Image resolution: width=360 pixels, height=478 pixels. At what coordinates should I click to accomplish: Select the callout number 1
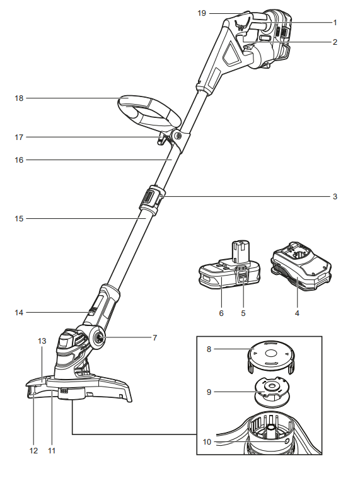click(x=335, y=22)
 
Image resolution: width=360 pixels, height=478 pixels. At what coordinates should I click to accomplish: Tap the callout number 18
click(x=19, y=98)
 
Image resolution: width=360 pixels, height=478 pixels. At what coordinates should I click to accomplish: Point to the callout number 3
click(x=335, y=197)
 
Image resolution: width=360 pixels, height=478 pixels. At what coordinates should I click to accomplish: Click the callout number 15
click(x=19, y=219)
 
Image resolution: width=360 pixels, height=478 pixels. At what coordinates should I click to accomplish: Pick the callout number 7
click(x=154, y=338)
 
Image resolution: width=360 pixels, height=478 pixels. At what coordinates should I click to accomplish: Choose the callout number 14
click(x=19, y=312)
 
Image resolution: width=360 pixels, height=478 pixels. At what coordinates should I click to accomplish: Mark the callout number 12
click(x=33, y=451)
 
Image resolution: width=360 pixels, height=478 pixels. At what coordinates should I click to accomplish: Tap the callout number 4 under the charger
click(x=296, y=312)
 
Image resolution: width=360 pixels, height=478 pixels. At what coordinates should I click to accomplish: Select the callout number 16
click(x=19, y=160)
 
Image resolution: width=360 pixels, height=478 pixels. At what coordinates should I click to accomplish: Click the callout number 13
click(x=42, y=341)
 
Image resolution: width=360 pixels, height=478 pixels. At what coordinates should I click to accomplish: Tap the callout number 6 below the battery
click(x=221, y=312)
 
